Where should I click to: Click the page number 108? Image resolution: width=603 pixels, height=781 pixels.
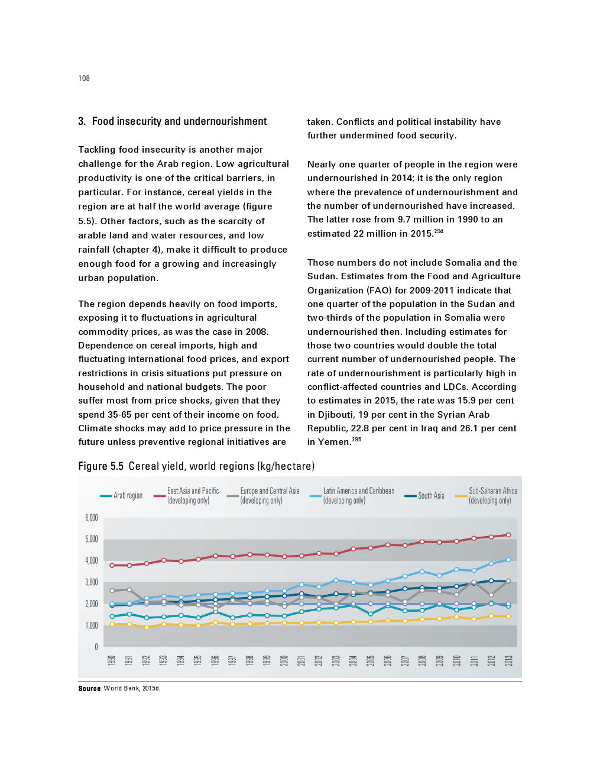84,78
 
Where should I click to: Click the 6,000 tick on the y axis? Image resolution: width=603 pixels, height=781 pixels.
92,518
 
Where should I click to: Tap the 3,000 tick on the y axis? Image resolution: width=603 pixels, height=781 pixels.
92,582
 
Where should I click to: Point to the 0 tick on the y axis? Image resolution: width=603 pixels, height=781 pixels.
96,647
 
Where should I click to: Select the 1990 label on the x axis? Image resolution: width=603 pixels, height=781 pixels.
112,660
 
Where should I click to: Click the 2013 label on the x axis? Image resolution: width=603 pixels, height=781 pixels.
508,660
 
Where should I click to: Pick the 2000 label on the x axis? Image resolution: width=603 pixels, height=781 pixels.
284,660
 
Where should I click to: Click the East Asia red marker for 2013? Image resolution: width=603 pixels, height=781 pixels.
508,535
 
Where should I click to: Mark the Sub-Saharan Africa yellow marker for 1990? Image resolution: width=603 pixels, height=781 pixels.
112,624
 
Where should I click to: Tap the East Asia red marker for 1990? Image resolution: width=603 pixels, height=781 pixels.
112,565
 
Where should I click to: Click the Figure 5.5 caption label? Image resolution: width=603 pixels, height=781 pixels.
100,466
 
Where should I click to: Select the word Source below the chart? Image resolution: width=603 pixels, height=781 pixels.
90,688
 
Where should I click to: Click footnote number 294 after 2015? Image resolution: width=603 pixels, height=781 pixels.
439,231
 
